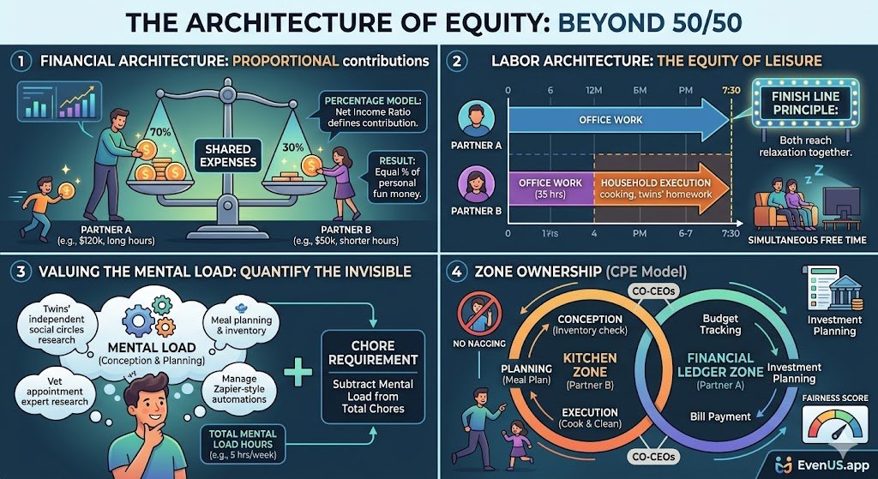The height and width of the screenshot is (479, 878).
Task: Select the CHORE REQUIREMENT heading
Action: pyautogui.click(x=371, y=352)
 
